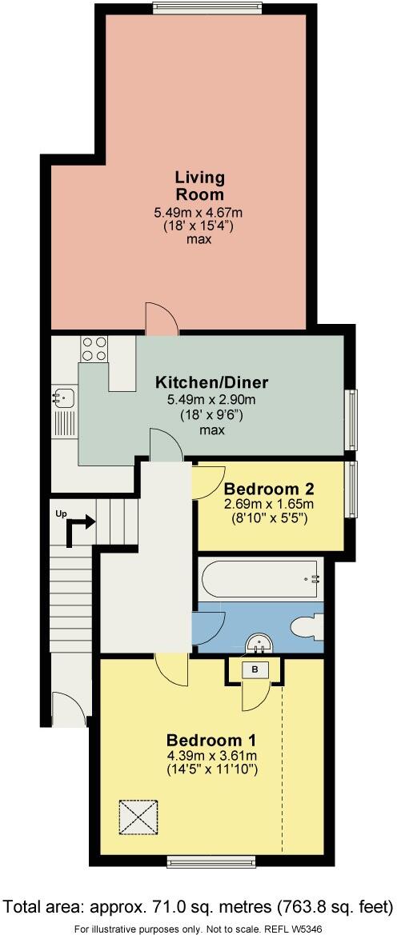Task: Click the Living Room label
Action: point(200,186)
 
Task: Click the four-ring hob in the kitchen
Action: point(94,349)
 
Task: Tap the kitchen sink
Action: point(63,394)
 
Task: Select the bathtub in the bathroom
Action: point(260,577)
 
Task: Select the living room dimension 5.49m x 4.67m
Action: point(198,212)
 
